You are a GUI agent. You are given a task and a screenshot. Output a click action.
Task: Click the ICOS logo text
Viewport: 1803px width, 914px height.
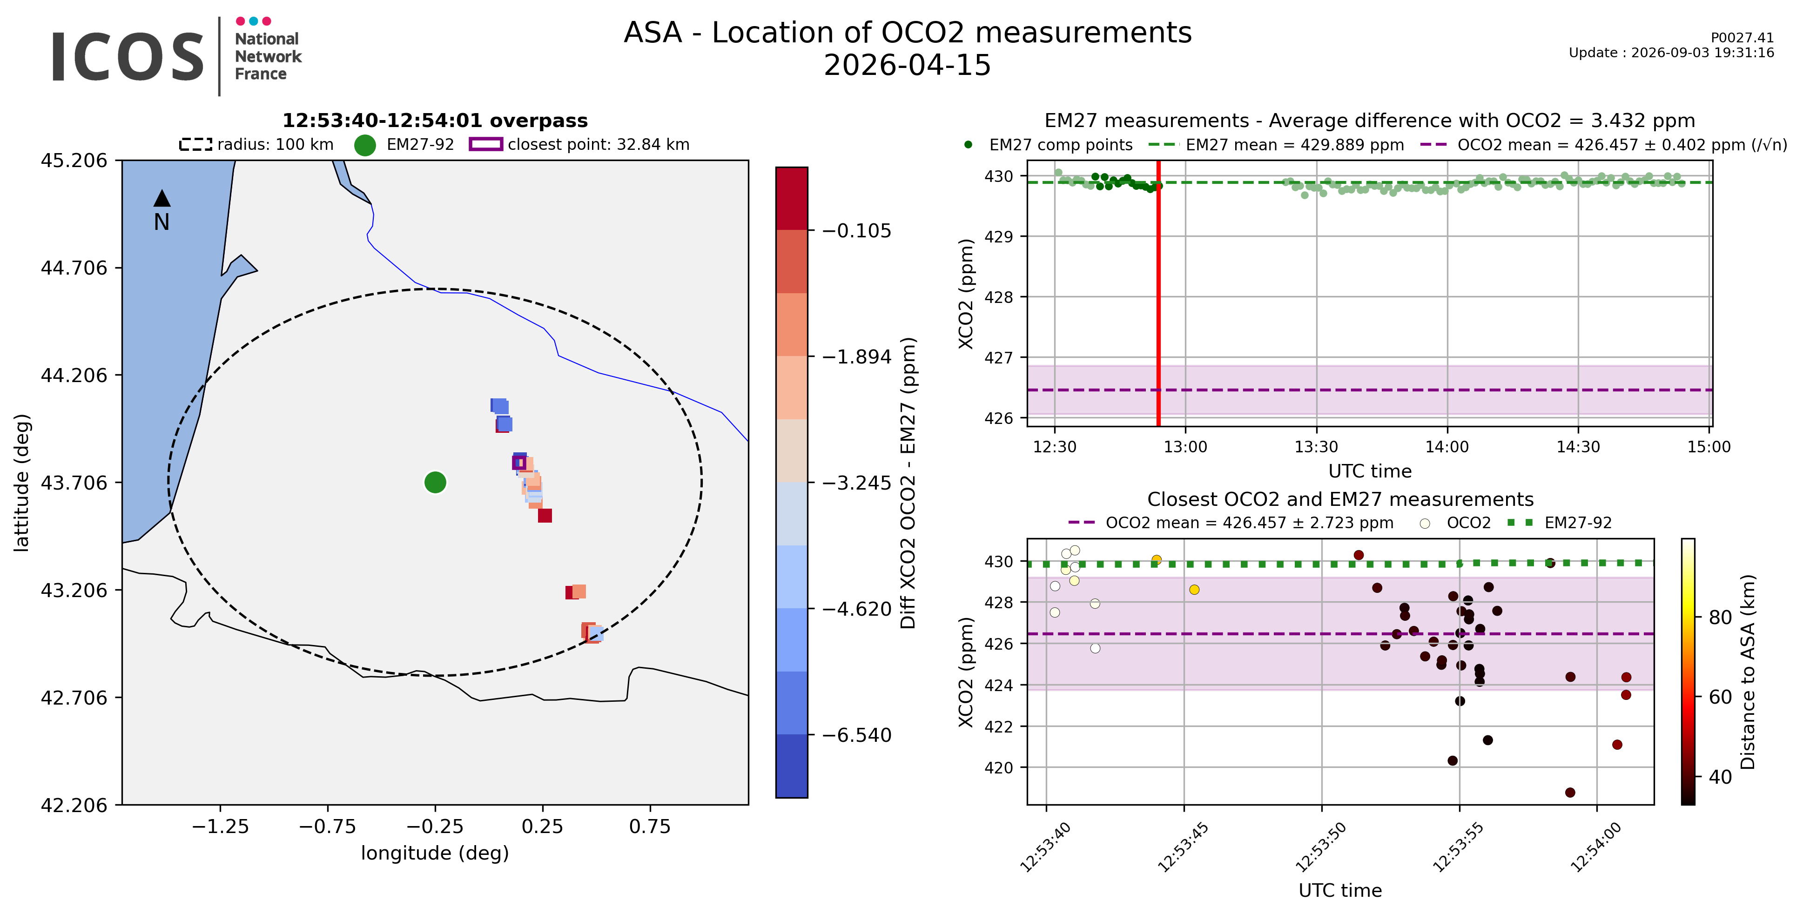point(128,57)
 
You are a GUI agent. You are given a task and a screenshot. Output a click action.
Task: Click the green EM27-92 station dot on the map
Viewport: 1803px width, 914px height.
point(435,482)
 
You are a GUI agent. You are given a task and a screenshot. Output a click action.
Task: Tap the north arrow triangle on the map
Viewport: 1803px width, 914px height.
point(161,198)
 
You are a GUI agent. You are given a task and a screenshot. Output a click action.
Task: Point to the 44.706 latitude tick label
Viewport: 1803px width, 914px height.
point(74,268)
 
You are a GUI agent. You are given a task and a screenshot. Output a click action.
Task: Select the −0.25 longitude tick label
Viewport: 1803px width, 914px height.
point(435,827)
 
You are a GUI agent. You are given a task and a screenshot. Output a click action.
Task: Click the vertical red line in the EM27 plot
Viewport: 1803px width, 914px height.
point(1158,293)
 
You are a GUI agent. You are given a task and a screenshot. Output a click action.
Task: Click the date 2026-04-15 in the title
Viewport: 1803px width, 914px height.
point(907,65)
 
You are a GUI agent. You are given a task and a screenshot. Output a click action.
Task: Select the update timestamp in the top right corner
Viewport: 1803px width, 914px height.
point(1671,53)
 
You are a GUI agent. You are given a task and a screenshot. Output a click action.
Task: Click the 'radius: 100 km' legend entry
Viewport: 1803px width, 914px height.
point(256,144)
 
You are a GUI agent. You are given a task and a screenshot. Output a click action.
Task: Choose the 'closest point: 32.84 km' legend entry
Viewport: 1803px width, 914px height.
point(579,144)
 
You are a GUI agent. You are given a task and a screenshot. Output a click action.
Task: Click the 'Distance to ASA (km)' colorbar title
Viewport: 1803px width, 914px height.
point(1748,672)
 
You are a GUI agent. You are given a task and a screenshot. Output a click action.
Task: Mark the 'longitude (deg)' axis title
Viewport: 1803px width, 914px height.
point(435,853)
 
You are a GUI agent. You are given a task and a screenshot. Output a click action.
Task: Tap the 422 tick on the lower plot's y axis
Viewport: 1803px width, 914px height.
point(999,726)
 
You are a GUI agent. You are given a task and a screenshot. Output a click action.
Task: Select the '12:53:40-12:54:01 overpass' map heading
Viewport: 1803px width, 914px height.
point(435,121)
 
